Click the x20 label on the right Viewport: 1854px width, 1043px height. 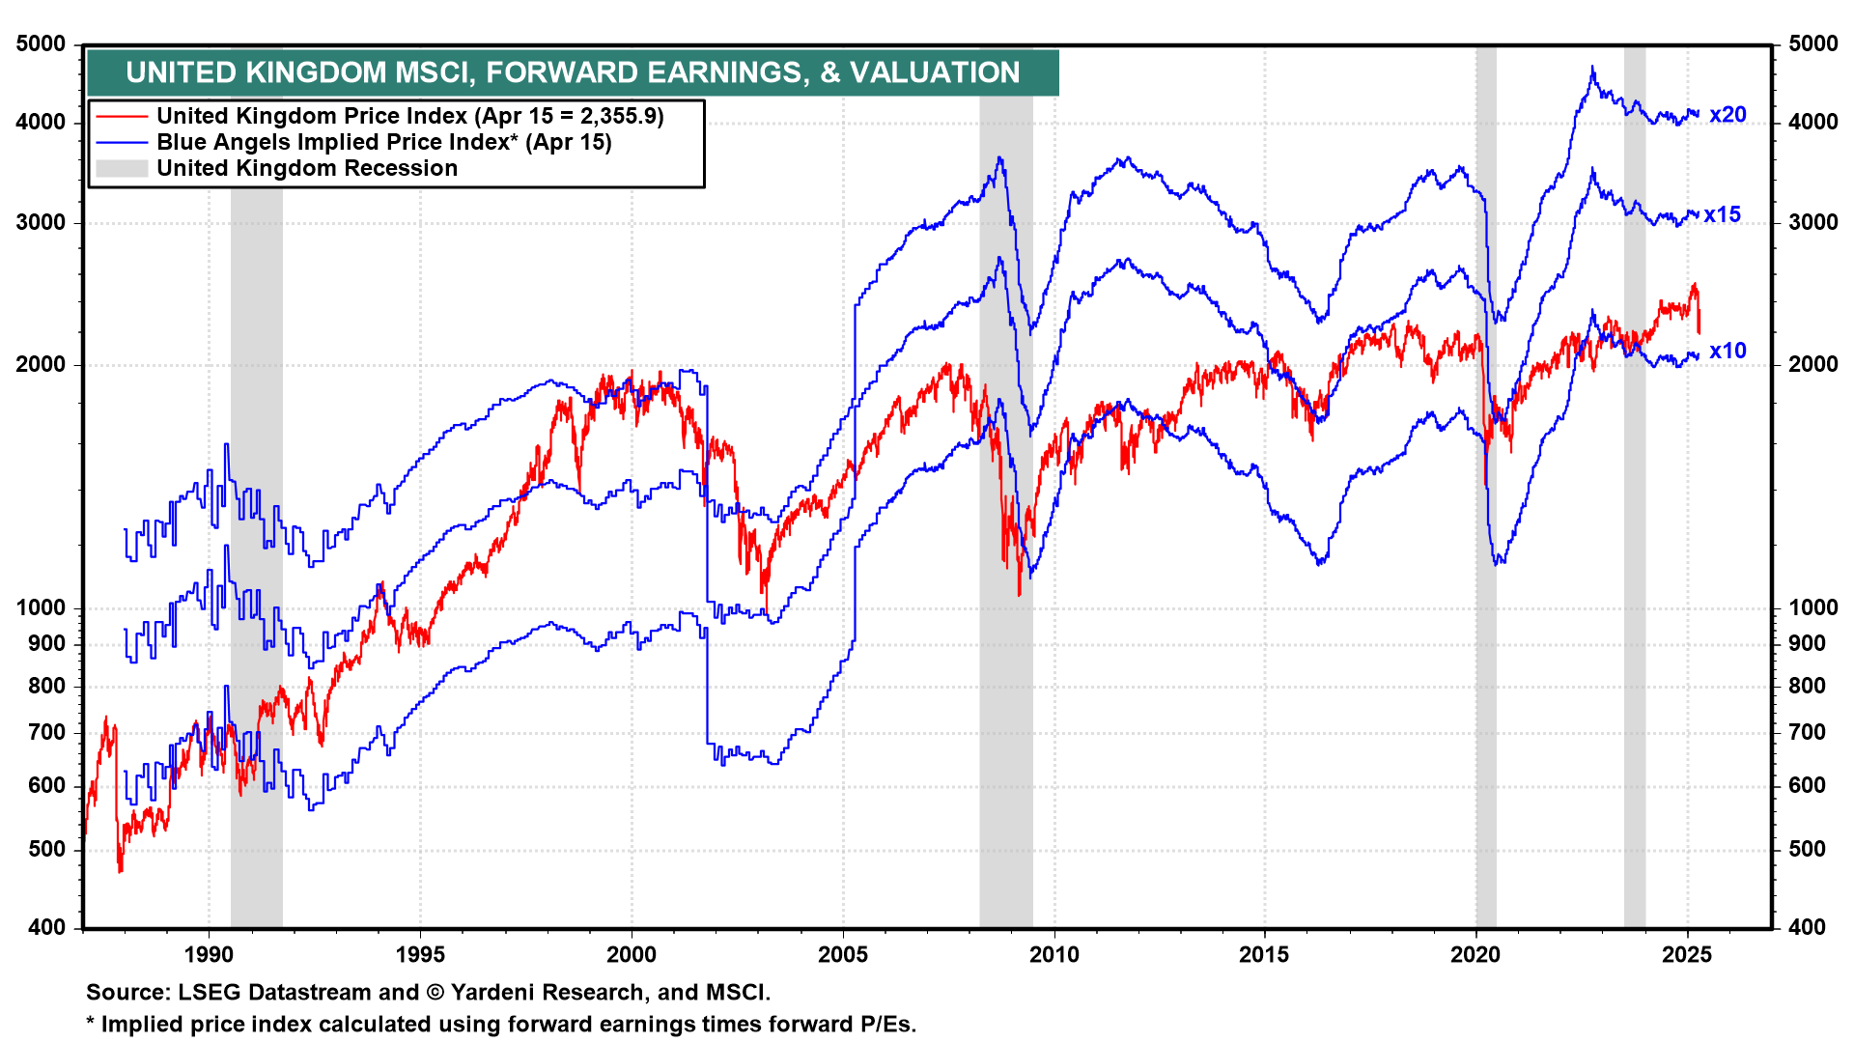tap(1727, 115)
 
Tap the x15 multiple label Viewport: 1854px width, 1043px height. tap(1722, 215)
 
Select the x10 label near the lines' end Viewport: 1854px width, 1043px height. tap(1727, 352)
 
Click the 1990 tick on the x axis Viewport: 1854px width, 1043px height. tap(209, 955)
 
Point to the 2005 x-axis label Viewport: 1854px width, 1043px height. tap(843, 955)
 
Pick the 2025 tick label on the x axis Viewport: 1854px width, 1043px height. tap(1687, 955)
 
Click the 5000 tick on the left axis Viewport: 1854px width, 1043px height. tap(42, 44)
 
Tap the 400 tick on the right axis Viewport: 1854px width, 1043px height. tap(1807, 928)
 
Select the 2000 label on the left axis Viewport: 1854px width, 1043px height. tap(42, 365)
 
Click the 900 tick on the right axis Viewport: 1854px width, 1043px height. tap(1807, 644)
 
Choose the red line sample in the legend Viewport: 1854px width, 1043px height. tap(121, 117)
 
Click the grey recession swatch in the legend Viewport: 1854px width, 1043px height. tap(121, 169)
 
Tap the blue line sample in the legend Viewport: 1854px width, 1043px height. tap(121, 143)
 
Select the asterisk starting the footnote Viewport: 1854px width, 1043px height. tap(91, 1024)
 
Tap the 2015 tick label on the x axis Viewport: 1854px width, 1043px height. tap(1264, 955)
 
